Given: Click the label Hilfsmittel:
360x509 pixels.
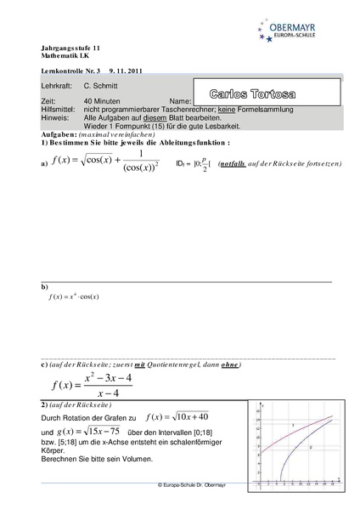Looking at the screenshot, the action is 57,109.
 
